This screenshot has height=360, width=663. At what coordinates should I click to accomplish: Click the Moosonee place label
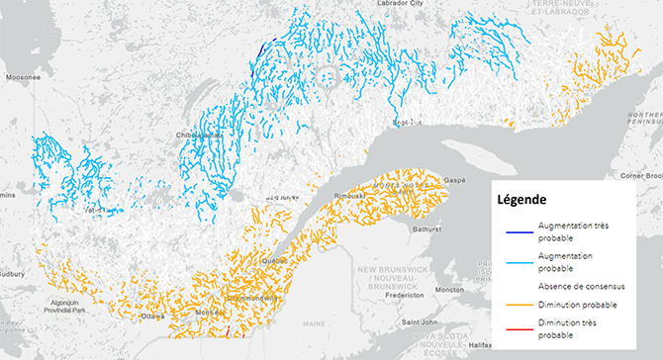pos(21,75)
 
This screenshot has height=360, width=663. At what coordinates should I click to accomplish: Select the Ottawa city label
pos(152,317)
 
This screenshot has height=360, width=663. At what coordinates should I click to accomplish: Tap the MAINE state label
pos(315,323)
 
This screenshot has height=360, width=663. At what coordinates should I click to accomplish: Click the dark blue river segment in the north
pos(261,48)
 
